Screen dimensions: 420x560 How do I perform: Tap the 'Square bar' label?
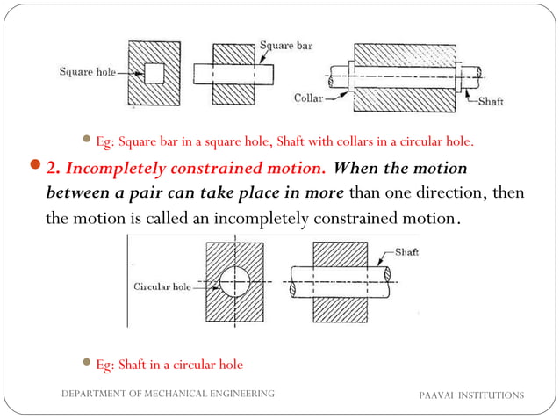point(286,45)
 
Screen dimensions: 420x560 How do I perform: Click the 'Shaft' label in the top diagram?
point(491,102)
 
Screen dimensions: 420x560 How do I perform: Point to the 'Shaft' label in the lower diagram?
point(406,252)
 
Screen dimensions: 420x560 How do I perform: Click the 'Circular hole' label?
point(162,286)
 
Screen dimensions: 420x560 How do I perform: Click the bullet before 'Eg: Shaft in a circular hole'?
point(86,363)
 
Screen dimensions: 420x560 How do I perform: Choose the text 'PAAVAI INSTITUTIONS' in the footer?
point(470,395)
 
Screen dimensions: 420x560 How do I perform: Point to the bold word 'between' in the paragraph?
point(77,192)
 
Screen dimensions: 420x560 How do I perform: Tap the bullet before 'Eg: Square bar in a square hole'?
point(86,139)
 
